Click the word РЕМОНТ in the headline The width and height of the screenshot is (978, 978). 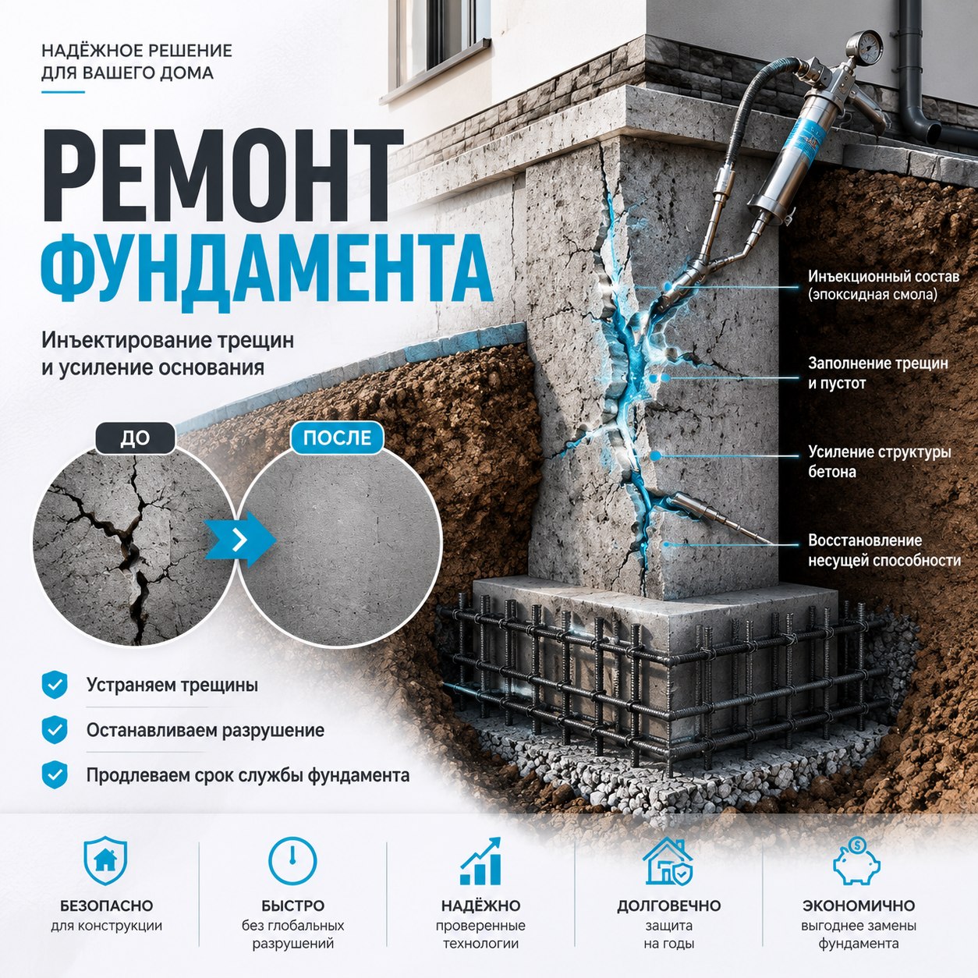click(223, 175)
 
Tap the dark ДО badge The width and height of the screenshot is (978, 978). click(135, 438)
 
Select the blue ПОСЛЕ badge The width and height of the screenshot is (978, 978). click(337, 438)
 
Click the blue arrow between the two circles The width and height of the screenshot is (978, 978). click(240, 540)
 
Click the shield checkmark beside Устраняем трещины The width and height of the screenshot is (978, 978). click(55, 685)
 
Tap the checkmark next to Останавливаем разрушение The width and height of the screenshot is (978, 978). click(55, 730)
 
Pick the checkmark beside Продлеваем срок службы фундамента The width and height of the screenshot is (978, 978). click(55, 775)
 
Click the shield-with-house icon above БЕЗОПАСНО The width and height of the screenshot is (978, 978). click(105, 861)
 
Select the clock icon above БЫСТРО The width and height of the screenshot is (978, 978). click(292, 861)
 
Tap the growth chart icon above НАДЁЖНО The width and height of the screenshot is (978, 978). click(480, 861)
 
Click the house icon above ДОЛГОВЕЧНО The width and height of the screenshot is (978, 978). click(668, 861)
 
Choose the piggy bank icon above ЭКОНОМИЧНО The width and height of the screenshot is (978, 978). click(857, 861)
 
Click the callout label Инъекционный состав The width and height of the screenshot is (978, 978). click(884, 277)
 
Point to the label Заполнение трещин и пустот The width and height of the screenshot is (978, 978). click(878, 373)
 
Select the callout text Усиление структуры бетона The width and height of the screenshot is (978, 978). click(880, 462)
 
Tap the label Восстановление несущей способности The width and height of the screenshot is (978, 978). click(884, 550)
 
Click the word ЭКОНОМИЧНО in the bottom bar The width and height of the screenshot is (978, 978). click(859, 906)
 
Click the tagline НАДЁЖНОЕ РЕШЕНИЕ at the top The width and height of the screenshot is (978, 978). click(136, 51)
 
